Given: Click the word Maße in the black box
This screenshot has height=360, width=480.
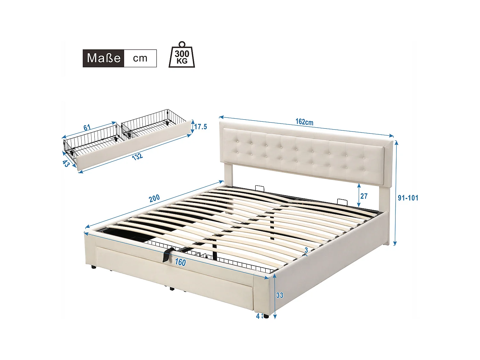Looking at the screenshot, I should tap(103, 58).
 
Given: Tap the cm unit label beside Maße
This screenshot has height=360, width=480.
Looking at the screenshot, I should tap(140, 58).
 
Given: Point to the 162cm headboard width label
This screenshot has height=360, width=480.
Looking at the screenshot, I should tap(304, 122).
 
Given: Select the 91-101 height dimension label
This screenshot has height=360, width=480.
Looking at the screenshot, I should tap(408, 198).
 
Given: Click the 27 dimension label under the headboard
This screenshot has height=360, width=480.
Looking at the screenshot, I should tap(364, 196).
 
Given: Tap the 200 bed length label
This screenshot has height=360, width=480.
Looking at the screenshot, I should tap(154, 198).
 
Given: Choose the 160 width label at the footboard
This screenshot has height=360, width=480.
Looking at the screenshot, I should tap(180, 262).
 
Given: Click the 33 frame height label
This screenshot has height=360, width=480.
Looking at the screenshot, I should tap(280, 295).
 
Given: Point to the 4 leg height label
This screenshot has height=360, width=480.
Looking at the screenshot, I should tap(258, 316).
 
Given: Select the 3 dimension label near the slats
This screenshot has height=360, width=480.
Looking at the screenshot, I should tap(306, 250).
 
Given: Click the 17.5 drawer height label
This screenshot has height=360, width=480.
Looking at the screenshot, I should tap(201, 127).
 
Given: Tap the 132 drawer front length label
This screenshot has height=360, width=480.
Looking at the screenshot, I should tap(137, 157).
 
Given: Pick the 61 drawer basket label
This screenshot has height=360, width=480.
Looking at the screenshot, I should tap(87, 128).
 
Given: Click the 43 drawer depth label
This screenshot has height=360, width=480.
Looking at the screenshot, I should tap(66, 164).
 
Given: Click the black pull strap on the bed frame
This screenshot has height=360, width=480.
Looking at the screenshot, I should tap(167, 255).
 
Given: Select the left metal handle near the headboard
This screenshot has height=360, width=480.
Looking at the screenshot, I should tap(260, 187).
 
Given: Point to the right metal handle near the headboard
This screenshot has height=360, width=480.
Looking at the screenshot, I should tap(342, 202).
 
